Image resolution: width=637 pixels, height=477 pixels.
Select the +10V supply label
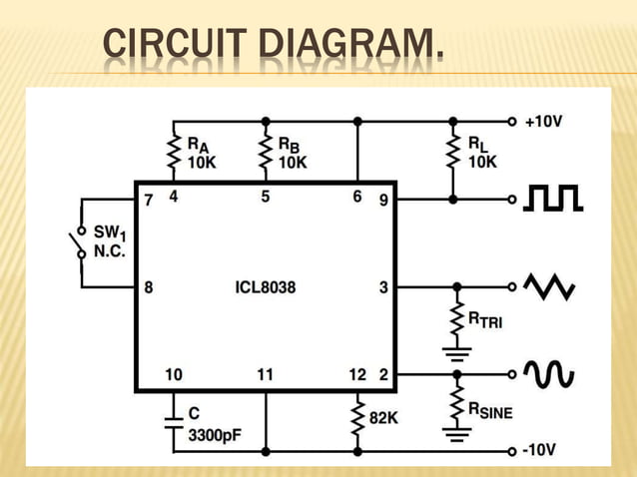[543, 122]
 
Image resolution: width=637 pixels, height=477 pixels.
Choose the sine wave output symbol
[550, 374]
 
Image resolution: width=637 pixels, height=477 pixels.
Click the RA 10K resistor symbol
[173, 152]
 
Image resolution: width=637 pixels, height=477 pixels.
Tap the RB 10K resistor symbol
[266, 152]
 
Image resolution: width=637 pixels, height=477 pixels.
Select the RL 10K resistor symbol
[452, 152]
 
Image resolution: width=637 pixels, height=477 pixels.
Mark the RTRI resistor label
[486, 319]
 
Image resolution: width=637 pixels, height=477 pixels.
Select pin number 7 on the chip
[148, 200]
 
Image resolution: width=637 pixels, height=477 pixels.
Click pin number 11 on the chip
[265, 375]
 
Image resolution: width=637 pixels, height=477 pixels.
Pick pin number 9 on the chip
[383, 200]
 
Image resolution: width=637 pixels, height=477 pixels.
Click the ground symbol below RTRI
[457, 352]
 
